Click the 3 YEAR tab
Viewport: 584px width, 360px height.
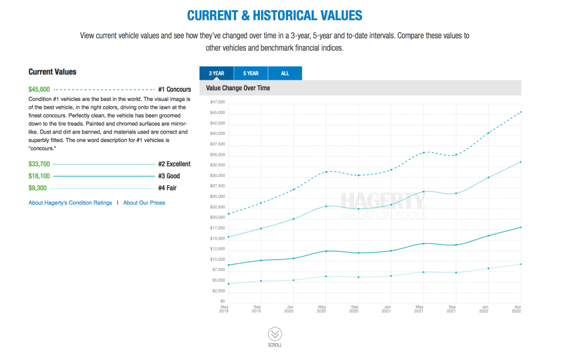[216, 73]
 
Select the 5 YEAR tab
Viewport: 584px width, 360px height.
[250, 73]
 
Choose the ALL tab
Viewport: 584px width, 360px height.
[285, 73]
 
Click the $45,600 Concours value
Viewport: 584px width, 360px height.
[39, 89]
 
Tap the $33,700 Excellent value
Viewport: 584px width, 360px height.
[39, 164]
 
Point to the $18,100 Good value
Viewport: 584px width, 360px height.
[39, 176]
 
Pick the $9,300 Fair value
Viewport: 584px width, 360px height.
[38, 188]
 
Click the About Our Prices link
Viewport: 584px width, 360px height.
[144, 203]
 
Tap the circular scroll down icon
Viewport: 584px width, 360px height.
[274, 334]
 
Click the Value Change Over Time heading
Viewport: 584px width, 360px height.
[238, 88]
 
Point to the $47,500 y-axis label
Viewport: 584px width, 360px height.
[218, 102]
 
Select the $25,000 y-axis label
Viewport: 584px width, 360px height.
[218, 197]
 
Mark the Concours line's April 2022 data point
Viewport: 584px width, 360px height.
[521, 112]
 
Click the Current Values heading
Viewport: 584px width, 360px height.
[52, 72]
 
